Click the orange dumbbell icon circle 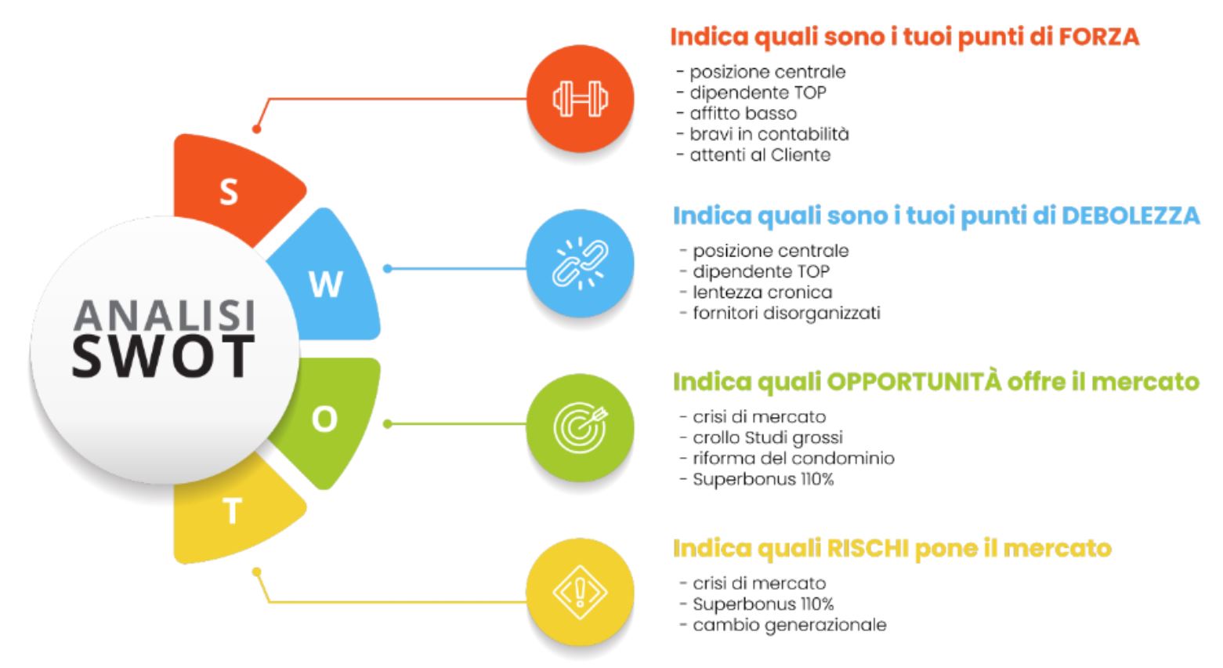pyautogui.click(x=580, y=99)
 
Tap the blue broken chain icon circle pyautogui.click(x=580, y=263)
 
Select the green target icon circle pyautogui.click(x=580, y=427)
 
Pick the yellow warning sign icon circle pyautogui.click(x=580, y=592)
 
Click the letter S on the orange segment pyautogui.click(x=229, y=192)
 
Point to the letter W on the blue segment pyautogui.click(x=326, y=284)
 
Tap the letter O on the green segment pyautogui.click(x=324, y=419)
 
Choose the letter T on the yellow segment pyautogui.click(x=233, y=511)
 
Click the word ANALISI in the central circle pyautogui.click(x=165, y=315)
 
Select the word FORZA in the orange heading pyautogui.click(x=1099, y=37)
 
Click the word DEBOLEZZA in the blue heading pyautogui.click(x=1131, y=215)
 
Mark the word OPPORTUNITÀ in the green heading pyautogui.click(x=914, y=381)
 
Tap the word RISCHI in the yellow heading pyautogui.click(x=867, y=548)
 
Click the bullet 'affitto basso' pyautogui.click(x=737, y=114)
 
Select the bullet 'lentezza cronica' pyautogui.click(x=756, y=292)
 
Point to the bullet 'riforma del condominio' pyautogui.click(x=787, y=458)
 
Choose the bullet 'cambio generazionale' pyautogui.click(x=783, y=625)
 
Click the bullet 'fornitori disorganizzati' pyautogui.click(x=780, y=313)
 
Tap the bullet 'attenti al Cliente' pyautogui.click(x=754, y=155)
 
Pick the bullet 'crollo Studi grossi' pyautogui.click(x=762, y=437)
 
